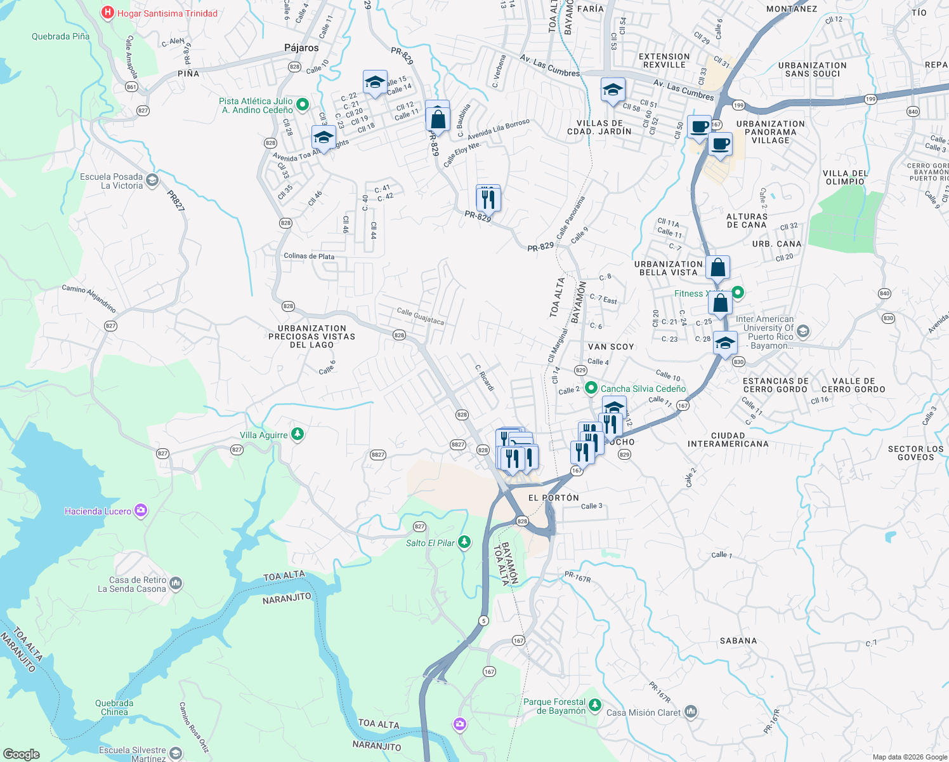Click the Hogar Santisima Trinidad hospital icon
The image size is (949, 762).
tap(108, 13)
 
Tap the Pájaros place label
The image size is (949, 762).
tap(301, 48)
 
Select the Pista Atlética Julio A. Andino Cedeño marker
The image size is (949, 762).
tap(303, 105)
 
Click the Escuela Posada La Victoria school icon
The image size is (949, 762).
tap(152, 181)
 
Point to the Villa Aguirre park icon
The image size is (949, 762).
tap(298, 435)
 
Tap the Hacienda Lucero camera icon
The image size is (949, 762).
tap(141, 511)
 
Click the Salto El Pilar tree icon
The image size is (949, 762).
tap(465, 542)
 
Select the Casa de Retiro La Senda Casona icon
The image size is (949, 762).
tap(176, 583)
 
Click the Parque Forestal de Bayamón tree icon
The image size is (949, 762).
tap(594, 705)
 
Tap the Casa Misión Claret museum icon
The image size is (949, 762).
tap(691, 712)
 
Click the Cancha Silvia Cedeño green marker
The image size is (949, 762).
tap(591, 388)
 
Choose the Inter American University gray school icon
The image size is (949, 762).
tap(803, 331)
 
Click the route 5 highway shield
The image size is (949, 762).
tap(484, 620)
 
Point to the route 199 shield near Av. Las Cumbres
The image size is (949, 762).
tap(738, 105)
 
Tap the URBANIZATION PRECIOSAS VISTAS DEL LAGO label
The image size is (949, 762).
tap(311, 337)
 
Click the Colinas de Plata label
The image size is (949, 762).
tap(309, 257)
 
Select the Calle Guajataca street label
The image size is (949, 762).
tap(420, 316)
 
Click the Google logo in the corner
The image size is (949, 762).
tap(21, 754)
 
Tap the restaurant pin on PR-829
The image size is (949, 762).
tap(488, 199)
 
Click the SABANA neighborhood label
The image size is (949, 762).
tap(738, 641)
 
